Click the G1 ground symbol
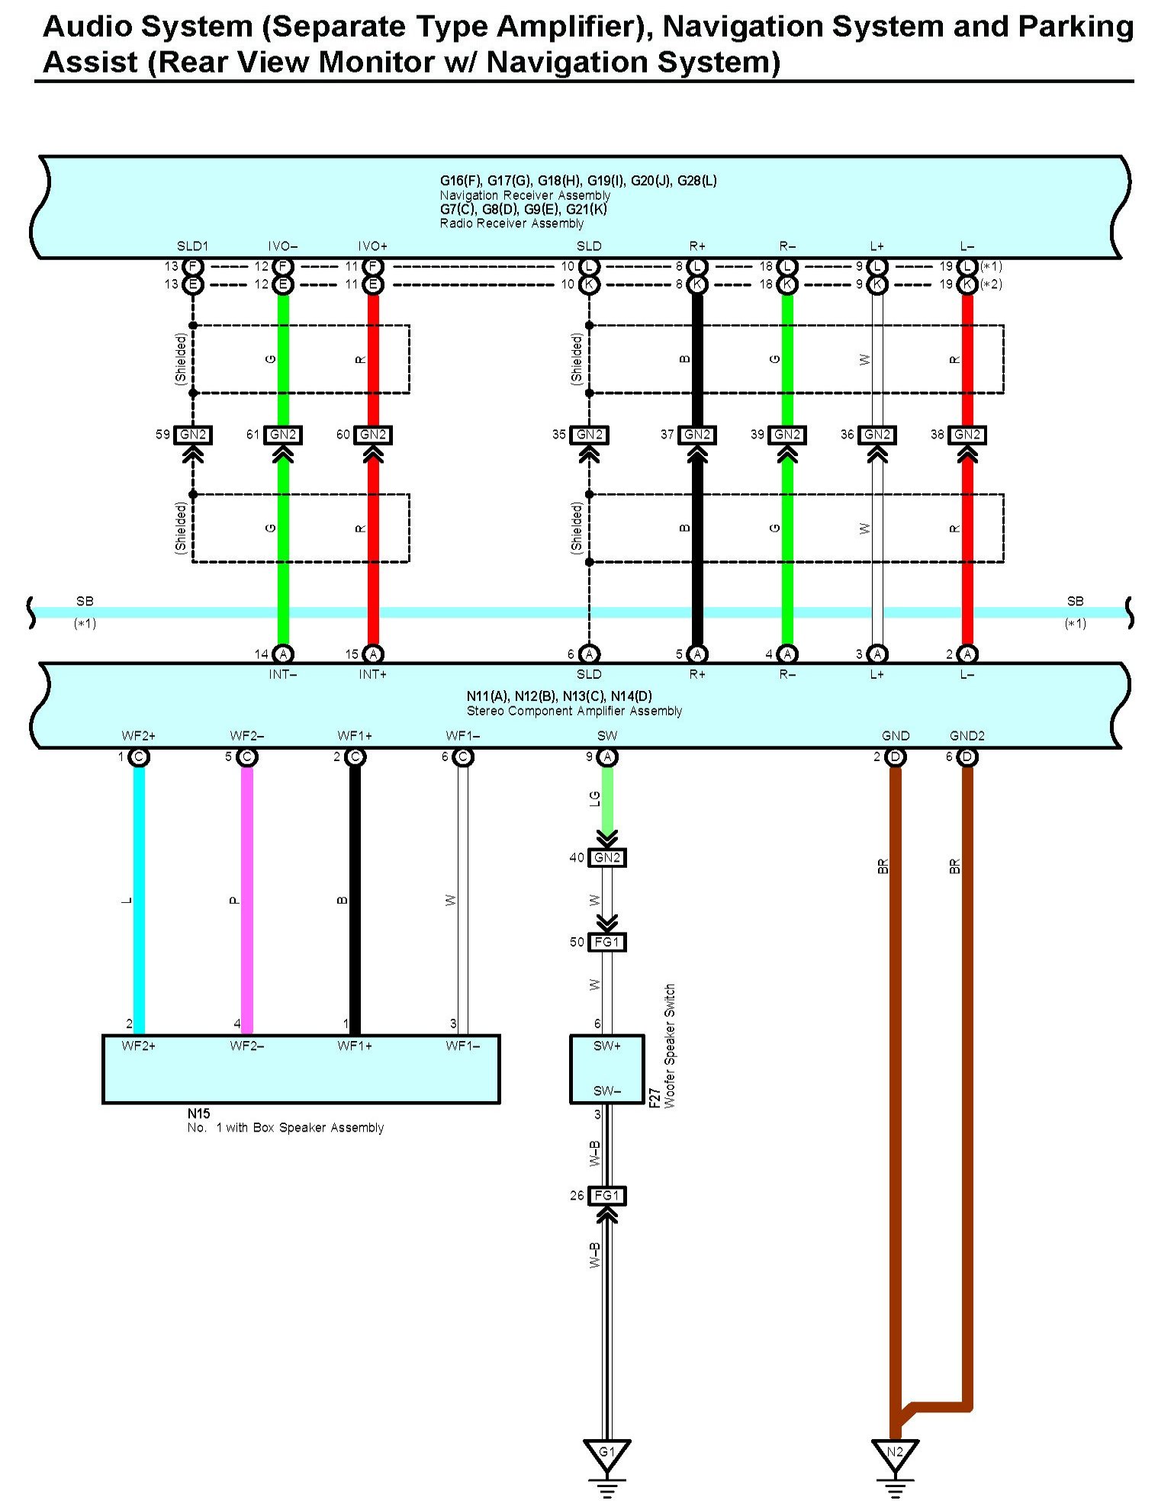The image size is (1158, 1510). pyautogui.click(x=606, y=1454)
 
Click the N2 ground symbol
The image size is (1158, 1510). pyautogui.click(x=895, y=1454)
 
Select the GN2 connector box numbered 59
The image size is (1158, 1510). pyautogui.click(x=192, y=435)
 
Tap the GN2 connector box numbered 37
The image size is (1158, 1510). pyautogui.click(x=697, y=435)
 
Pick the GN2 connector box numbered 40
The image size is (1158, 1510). pyautogui.click(x=607, y=858)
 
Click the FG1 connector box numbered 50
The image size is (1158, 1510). pyautogui.click(x=607, y=943)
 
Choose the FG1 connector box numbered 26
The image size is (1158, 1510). pyautogui.click(x=607, y=1196)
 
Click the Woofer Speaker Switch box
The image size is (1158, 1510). pyautogui.click(x=607, y=1068)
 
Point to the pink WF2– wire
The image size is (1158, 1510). pyautogui.click(x=247, y=900)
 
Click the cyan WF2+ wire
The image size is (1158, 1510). pyautogui.click(x=139, y=900)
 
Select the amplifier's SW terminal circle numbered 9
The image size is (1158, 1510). pyautogui.click(x=607, y=757)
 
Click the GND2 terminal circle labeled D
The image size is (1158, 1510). pyautogui.click(x=967, y=757)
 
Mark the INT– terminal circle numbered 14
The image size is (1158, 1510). pyautogui.click(x=283, y=654)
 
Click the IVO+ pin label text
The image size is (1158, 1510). pyautogui.click(x=373, y=246)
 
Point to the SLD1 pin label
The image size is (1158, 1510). pyautogui.click(x=192, y=246)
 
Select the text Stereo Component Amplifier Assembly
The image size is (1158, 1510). pyautogui.click(x=574, y=711)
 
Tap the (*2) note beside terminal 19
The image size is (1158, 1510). pyautogui.click(x=991, y=284)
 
